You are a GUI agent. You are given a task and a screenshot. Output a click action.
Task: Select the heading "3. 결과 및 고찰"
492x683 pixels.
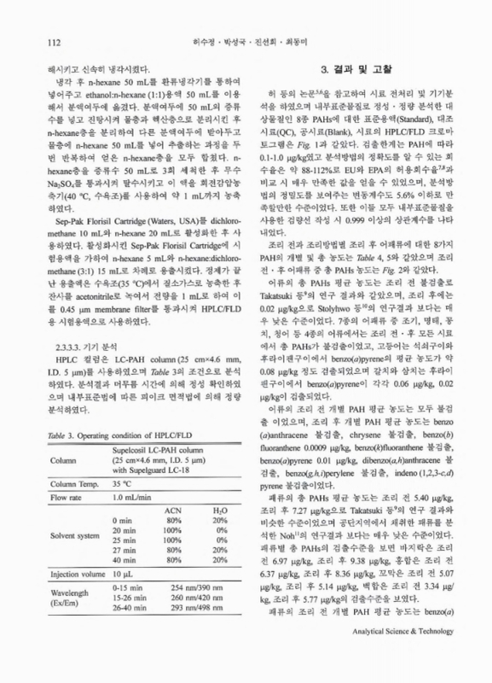click(354, 68)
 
